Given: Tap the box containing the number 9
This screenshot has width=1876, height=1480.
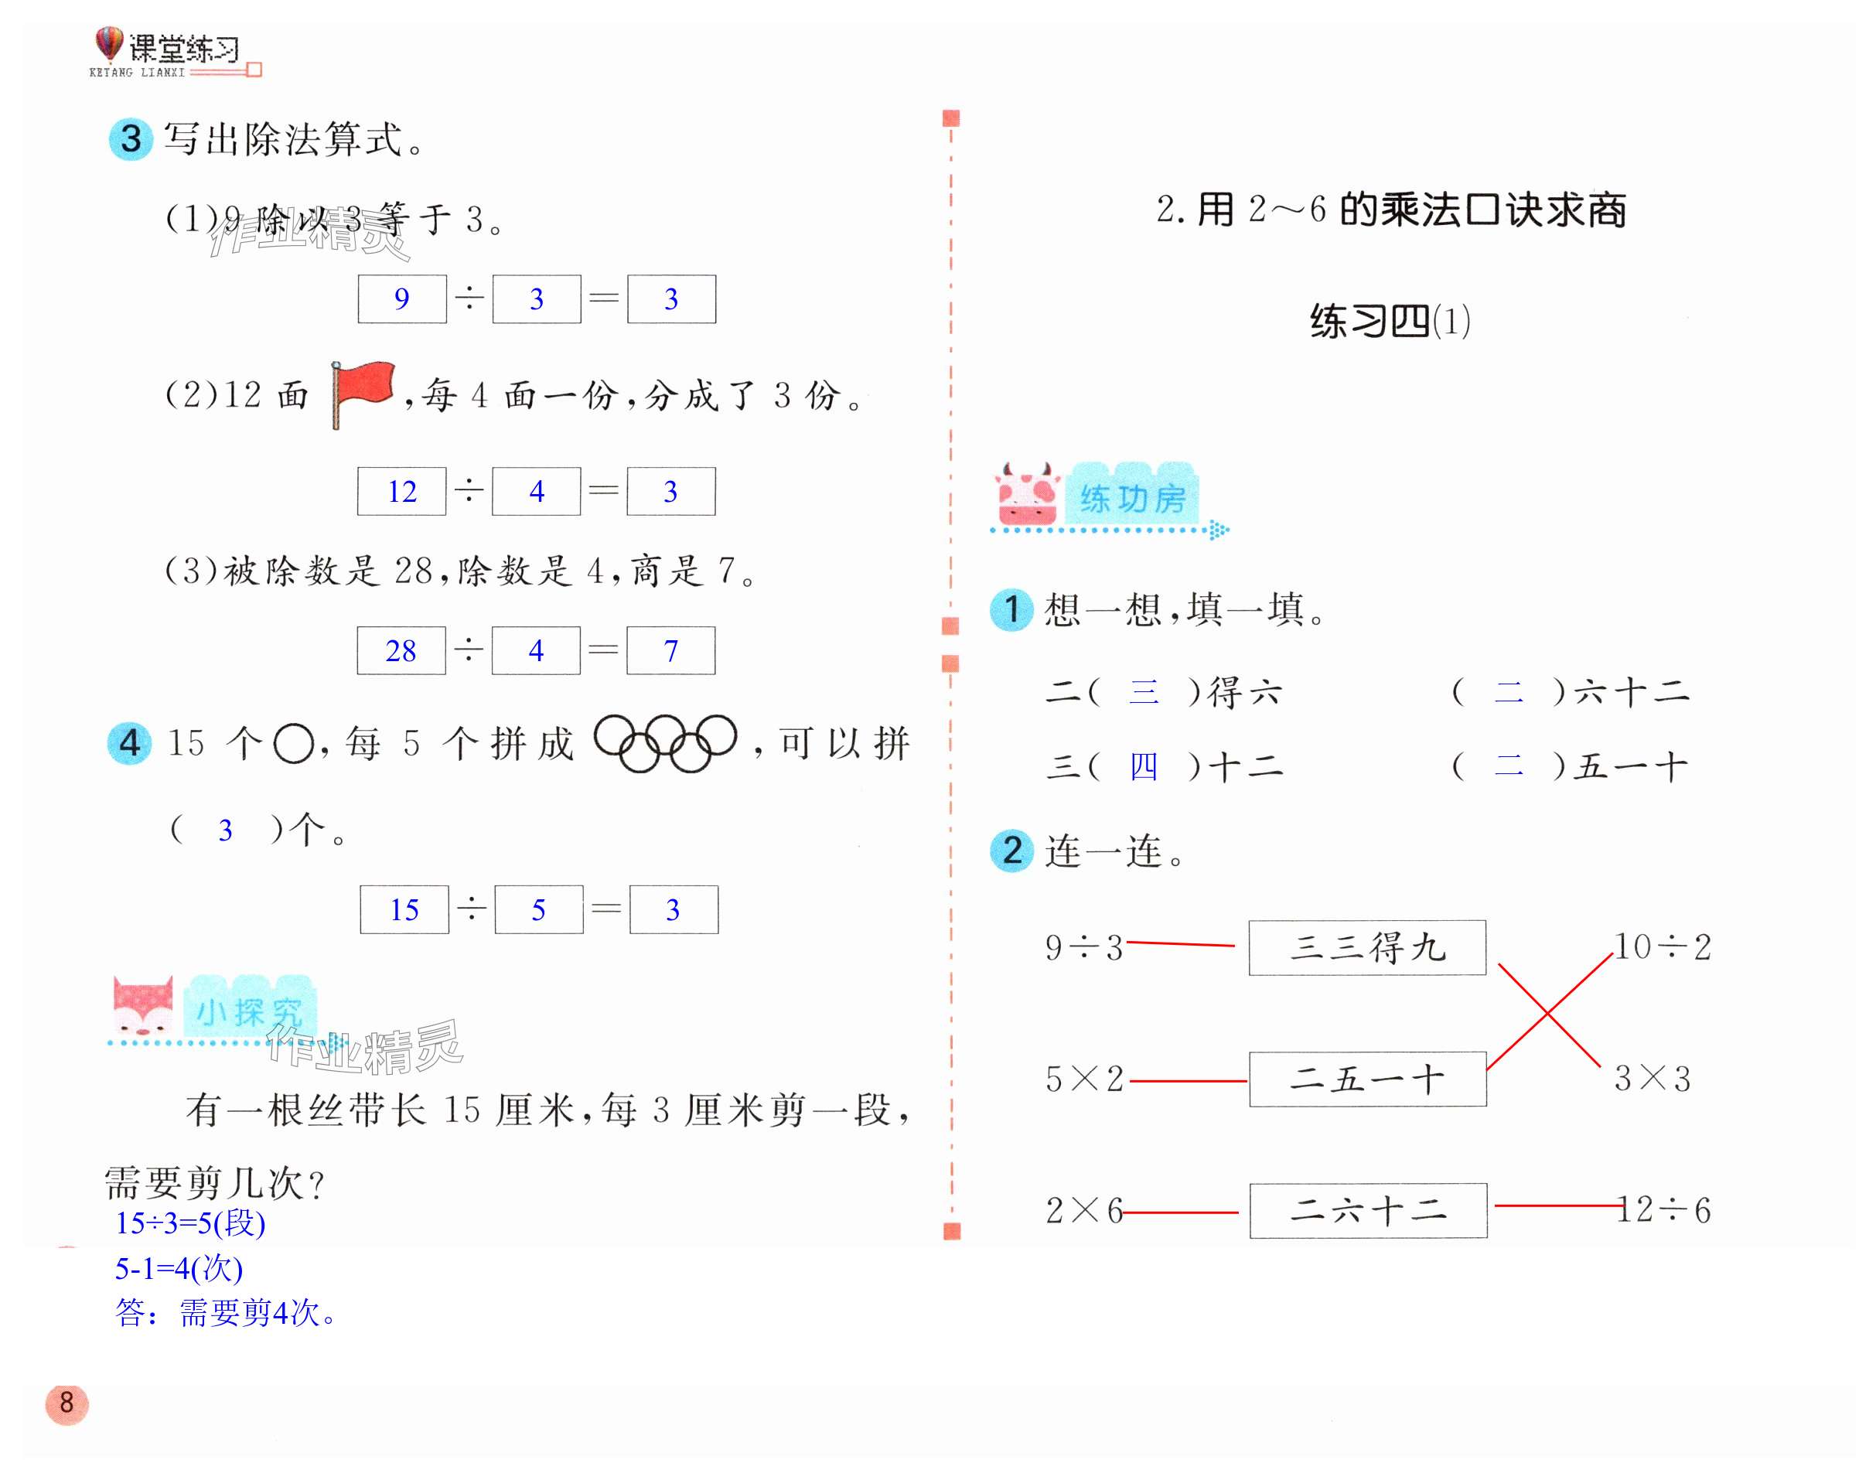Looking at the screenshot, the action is click(x=402, y=299).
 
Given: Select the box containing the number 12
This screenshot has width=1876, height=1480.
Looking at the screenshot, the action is click(x=402, y=491).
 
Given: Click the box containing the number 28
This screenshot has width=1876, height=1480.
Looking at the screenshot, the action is click(x=401, y=650).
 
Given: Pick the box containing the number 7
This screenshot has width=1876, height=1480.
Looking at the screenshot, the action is click(x=670, y=650).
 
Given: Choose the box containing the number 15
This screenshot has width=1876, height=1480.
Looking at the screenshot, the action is click(x=404, y=909).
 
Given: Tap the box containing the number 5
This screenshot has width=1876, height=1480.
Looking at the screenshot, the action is click(x=539, y=909).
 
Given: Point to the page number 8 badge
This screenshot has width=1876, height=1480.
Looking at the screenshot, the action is click(x=67, y=1403).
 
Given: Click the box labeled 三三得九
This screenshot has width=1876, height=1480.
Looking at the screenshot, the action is click(x=1366, y=947).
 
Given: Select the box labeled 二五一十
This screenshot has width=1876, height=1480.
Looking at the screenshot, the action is click(x=1367, y=1079).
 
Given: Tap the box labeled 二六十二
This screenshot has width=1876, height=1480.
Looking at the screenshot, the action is click(x=1368, y=1209).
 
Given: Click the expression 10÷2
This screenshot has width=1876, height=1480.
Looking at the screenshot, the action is click(x=1662, y=946).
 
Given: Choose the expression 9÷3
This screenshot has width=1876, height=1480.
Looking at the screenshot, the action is click(x=1084, y=947).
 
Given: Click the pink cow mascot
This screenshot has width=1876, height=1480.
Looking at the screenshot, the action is click(x=1028, y=495).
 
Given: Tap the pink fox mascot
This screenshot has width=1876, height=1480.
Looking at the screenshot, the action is click(x=143, y=1007).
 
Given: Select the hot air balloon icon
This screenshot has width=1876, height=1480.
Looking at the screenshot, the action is click(x=108, y=44).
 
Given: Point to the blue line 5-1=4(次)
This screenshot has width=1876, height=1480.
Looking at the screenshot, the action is click(x=179, y=1269).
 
